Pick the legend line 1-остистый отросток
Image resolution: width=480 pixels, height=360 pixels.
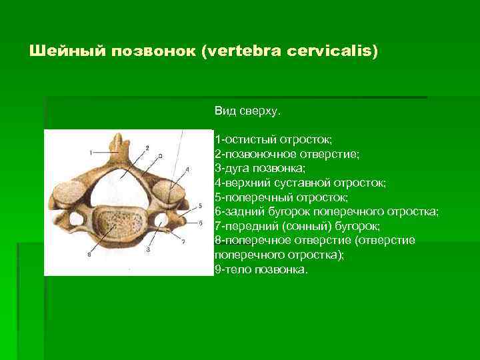point(273,139)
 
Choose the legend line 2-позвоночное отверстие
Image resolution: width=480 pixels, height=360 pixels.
point(287,154)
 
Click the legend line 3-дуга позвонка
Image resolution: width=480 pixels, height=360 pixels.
point(260,169)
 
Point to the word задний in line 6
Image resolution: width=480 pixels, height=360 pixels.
point(243,213)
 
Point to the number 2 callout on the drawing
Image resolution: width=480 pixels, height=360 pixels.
point(147,147)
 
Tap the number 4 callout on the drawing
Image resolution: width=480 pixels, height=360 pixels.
point(187,170)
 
